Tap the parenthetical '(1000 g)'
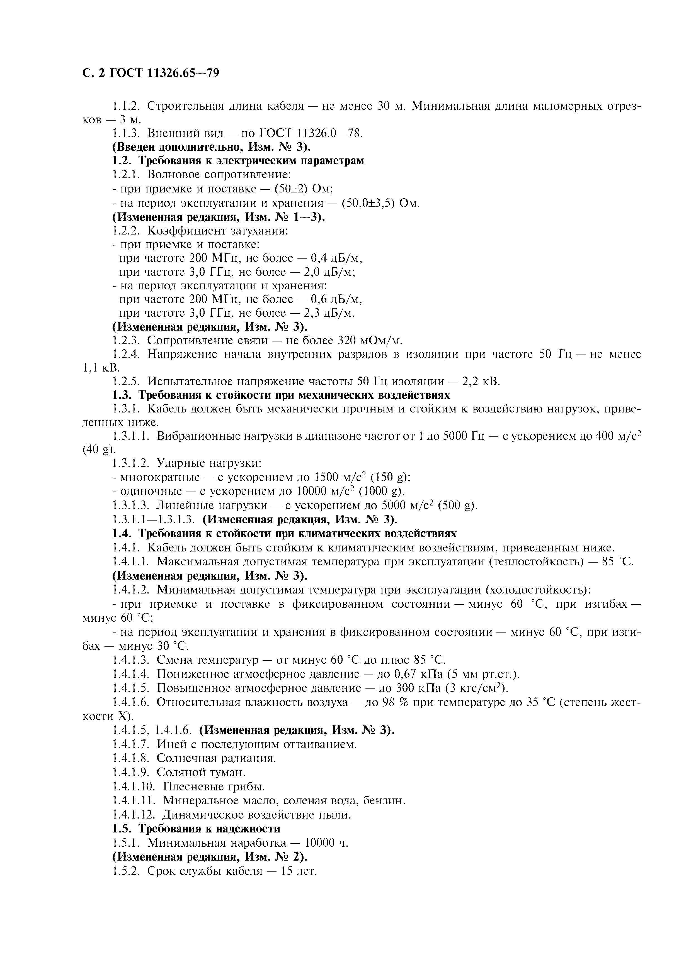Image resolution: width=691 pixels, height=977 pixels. coord(381,492)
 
